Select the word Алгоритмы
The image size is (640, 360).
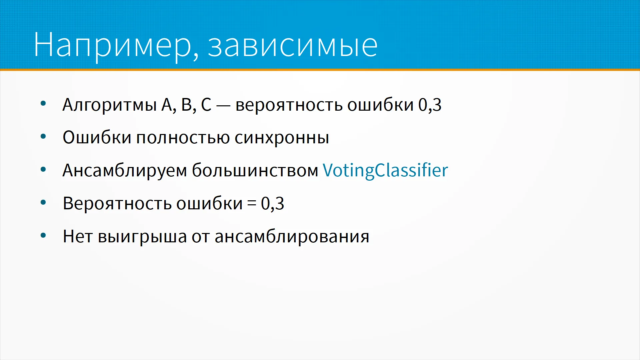pos(110,105)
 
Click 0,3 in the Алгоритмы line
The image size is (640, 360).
pos(430,105)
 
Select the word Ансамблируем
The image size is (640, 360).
pos(125,170)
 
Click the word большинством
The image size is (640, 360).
pos(255,170)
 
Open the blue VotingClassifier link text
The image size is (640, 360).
pos(385,170)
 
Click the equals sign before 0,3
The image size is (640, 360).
pos(252,203)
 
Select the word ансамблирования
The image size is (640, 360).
pos(292,237)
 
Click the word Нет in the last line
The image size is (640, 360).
pos(78,236)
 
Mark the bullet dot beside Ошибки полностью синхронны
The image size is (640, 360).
pos(43,136)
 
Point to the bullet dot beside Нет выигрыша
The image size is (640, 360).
pos(43,236)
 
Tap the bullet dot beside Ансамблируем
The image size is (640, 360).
pos(43,169)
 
